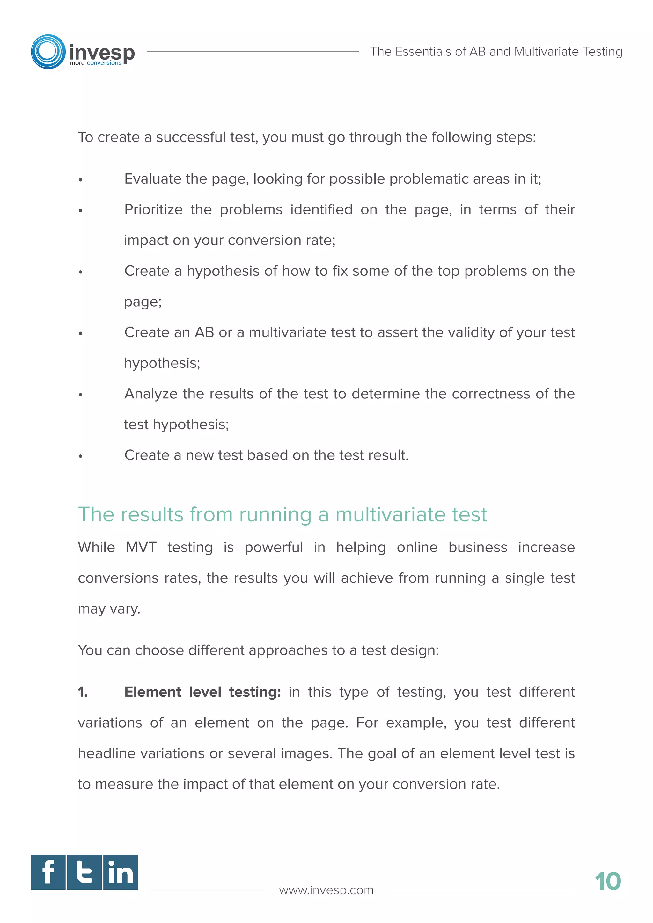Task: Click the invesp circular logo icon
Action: (48, 51)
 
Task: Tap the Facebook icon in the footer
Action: (48, 872)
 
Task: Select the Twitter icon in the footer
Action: (84, 872)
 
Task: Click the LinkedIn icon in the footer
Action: (121, 872)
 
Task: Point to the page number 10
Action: (607, 882)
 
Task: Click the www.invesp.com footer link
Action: (326, 890)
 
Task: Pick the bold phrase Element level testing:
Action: (202, 692)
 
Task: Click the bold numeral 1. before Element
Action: (83, 692)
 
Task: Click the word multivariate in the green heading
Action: (390, 515)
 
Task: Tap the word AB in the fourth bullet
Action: (204, 332)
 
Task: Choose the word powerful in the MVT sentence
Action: (274, 548)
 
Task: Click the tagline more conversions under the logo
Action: (95, 63)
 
